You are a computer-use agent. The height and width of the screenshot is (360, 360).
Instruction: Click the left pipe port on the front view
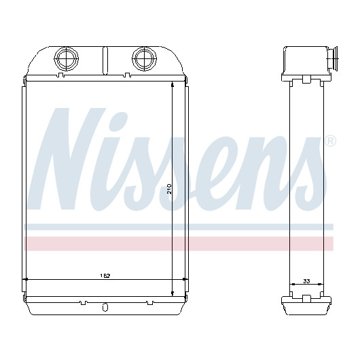pos(66,58)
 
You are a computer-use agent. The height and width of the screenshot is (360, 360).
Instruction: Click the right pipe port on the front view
pos(145,58)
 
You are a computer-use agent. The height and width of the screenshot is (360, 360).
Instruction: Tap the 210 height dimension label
pos(169,189)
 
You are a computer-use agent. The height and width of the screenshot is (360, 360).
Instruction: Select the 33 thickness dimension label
pos(306,281)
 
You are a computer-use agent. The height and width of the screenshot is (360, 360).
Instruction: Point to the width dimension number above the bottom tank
pos(105,276)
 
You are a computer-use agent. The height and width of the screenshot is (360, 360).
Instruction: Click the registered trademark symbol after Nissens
pos(330,141)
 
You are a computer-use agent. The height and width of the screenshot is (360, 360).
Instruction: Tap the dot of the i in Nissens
pos(120,119)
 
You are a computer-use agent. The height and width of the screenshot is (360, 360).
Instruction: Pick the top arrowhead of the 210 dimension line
pos(173,84)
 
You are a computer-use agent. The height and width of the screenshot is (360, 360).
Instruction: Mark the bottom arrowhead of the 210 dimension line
pos(173,293)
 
